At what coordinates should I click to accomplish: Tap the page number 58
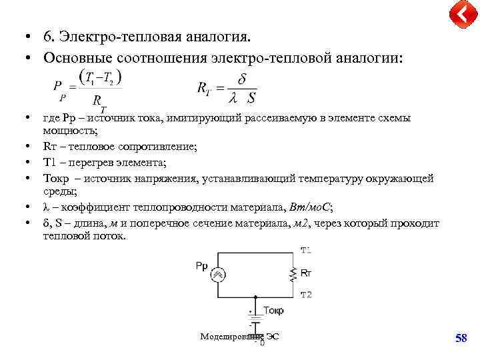(x=461, y=339)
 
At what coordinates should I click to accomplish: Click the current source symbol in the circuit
(x=218, y=275)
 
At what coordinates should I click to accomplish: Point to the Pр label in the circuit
(x=201, y=266)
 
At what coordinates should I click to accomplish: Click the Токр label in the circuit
(x=273, y=311)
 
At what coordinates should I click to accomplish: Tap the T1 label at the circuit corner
(x=306, y=251)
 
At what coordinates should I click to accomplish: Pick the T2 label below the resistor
(x=306, y=295)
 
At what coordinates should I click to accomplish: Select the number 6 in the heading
(x=47, y=35)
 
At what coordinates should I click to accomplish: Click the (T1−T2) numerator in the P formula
(x=99, y=78)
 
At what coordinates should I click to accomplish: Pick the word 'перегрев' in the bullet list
(x=88, y=162)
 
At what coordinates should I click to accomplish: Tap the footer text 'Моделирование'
(x=226, y=337)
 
